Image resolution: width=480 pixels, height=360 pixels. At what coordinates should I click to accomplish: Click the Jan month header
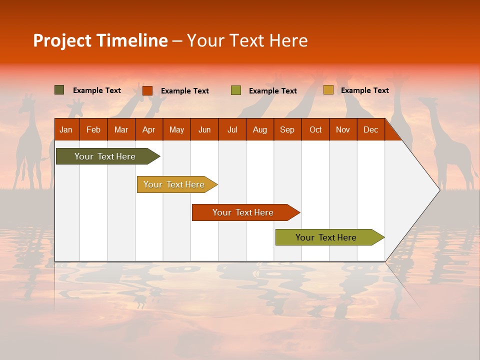click(66, 129)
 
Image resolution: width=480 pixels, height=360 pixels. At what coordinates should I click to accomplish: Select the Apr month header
click(149, 129)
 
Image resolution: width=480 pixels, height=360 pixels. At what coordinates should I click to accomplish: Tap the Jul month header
click(232, 129)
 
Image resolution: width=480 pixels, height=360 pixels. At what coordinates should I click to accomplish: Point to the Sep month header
click(287, 129)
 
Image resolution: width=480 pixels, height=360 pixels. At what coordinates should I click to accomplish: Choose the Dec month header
click(370, 129)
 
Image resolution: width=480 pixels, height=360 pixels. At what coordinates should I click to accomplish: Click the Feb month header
click(93, 129)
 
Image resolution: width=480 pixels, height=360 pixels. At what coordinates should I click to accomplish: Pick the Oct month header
click(315, 129)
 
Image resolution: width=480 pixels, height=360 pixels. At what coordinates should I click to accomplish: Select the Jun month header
click(204, 129)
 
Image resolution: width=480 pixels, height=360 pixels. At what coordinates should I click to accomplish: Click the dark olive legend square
click(59, 90)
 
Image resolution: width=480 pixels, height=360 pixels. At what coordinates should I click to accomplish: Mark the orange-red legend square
click(147, 90)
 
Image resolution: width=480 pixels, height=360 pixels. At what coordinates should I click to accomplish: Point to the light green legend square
click(236, 90)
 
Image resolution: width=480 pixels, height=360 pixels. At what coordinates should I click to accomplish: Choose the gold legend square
click(328, 90)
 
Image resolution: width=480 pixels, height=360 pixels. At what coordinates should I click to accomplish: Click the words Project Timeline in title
click(100, 40)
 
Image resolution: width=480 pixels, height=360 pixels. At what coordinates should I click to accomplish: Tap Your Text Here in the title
click(247, 40)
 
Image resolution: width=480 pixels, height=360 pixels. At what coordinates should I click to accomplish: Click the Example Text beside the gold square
click(364, 90)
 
